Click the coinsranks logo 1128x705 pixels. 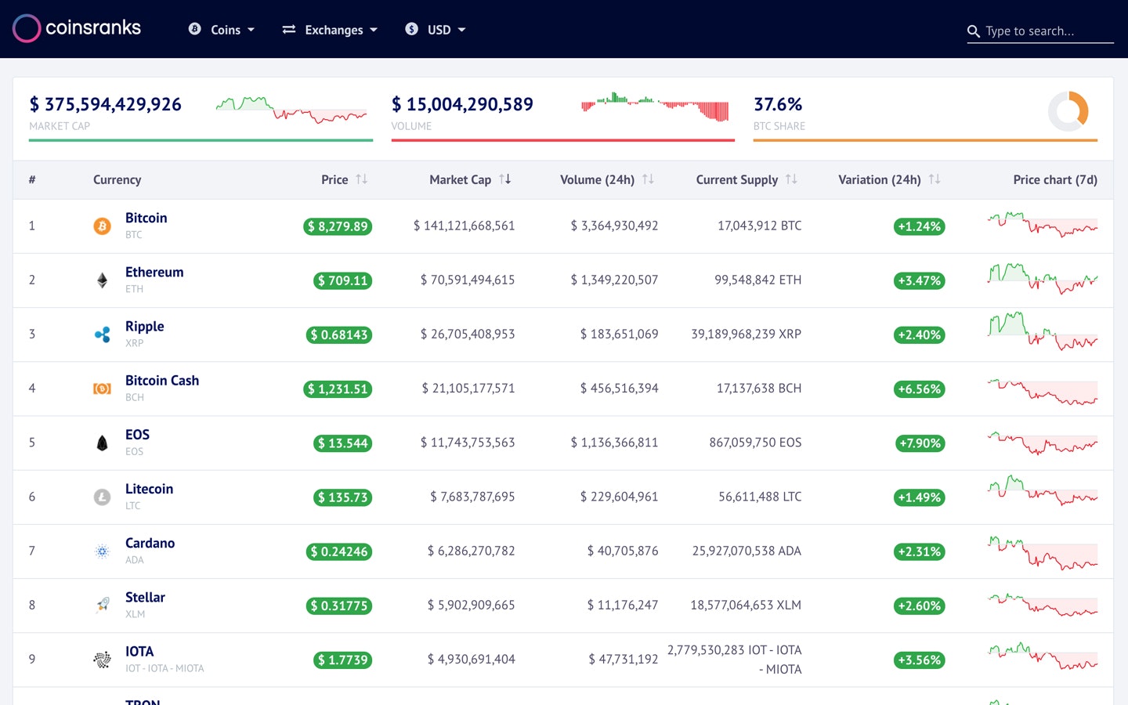77,28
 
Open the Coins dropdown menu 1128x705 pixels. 222,30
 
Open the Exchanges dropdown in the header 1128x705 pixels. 331,30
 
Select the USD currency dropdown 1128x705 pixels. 436,30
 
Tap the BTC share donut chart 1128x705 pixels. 1068,111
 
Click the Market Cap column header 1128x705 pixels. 461,179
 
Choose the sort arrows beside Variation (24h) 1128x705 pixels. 935,179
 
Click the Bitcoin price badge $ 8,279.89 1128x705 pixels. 338,226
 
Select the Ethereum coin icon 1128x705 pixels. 102,280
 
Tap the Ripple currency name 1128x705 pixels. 145,327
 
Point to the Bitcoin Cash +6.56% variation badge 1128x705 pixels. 919,389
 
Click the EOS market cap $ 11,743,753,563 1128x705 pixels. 468,443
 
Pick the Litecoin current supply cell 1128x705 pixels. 760,497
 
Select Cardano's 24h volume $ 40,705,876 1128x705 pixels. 623,551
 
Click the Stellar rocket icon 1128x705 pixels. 102,605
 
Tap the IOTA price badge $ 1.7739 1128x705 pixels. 343,660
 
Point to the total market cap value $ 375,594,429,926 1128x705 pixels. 106,104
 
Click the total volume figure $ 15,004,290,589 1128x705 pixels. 462,104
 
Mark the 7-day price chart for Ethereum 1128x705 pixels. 1042,279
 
